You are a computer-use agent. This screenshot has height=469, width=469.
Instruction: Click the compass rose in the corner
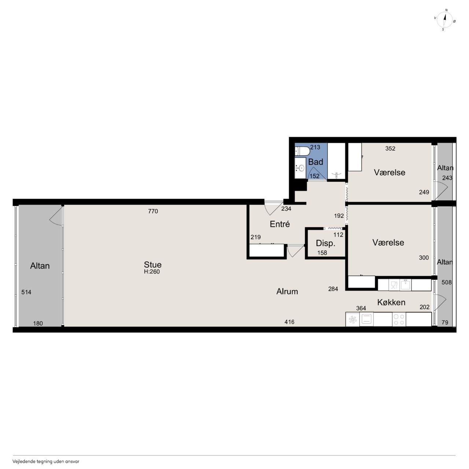(445, 20)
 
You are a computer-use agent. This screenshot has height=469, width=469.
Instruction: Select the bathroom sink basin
(301, 168)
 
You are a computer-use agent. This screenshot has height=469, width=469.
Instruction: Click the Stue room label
(152, 265)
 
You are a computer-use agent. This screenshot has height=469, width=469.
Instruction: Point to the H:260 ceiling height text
(152, 272)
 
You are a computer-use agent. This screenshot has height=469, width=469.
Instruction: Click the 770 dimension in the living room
(153, 211)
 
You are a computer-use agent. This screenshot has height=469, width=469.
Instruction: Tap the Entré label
(280, 224)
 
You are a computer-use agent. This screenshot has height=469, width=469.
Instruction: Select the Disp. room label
(325, 243)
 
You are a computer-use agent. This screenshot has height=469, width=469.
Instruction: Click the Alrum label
(287, 291)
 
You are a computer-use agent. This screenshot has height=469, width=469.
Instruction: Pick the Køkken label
(391, 302)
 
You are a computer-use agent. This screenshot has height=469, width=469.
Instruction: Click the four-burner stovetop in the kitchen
(399, 320)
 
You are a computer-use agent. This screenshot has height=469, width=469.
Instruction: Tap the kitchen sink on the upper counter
(406, 285)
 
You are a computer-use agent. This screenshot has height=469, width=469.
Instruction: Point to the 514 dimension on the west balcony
(26, 292)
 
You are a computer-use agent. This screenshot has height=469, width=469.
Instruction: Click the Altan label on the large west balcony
(40, 266)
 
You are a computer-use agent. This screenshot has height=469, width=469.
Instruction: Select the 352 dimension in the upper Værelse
(390, 148)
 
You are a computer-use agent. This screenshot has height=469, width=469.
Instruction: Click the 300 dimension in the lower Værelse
(424, 258)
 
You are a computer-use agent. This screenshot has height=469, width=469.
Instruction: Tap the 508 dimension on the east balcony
(446, 282)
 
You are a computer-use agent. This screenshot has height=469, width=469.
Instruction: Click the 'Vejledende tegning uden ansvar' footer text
(46, 461)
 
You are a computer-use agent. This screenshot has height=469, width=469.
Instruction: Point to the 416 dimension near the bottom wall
(289, 322)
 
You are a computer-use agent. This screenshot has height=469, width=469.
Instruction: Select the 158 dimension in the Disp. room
(322, 253)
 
